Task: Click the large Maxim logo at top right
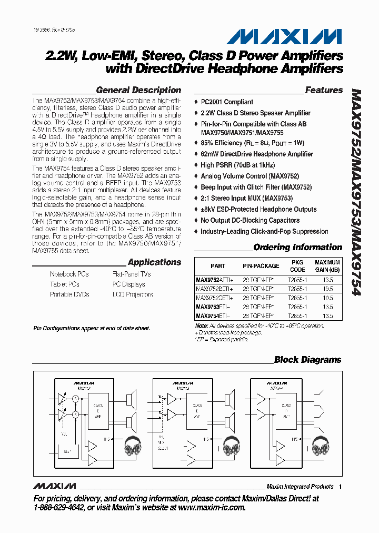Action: (x=285, y=36)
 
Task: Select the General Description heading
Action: (x=138, y=90)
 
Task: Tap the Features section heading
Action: (x=324, y=90)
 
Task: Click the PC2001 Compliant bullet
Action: (x=227, y=102)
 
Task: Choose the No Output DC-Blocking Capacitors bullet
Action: (x=250, y=221)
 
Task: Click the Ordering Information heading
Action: (x=297, y=248)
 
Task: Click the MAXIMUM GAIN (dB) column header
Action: (x=327, y=265)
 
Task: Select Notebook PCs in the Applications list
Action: (x=69, y=274)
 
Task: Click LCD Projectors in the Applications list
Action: (x=132, y=294)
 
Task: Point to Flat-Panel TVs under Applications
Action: (x=131, y=274)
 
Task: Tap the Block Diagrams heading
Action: (x=307, y=360)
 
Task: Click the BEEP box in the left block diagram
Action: (x=67, y=451)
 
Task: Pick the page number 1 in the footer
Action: (x=341, y=487)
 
